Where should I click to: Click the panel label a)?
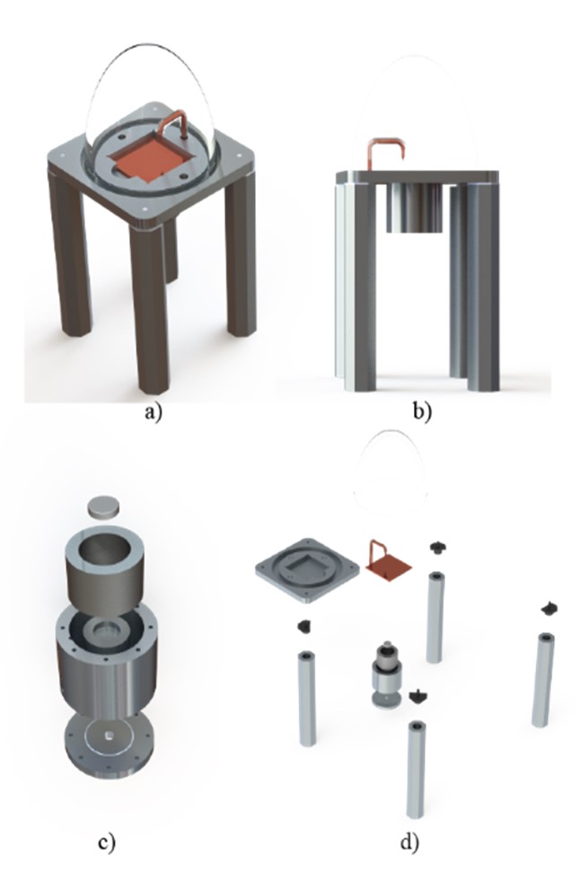153,413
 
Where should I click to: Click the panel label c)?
107,842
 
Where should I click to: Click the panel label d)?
410,842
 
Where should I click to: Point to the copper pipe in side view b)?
385,142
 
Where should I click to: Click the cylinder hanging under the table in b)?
415,207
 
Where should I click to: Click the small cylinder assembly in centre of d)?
385,674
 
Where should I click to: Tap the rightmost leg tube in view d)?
542,680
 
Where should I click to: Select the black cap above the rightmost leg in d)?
550,609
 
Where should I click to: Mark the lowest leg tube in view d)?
416,770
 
